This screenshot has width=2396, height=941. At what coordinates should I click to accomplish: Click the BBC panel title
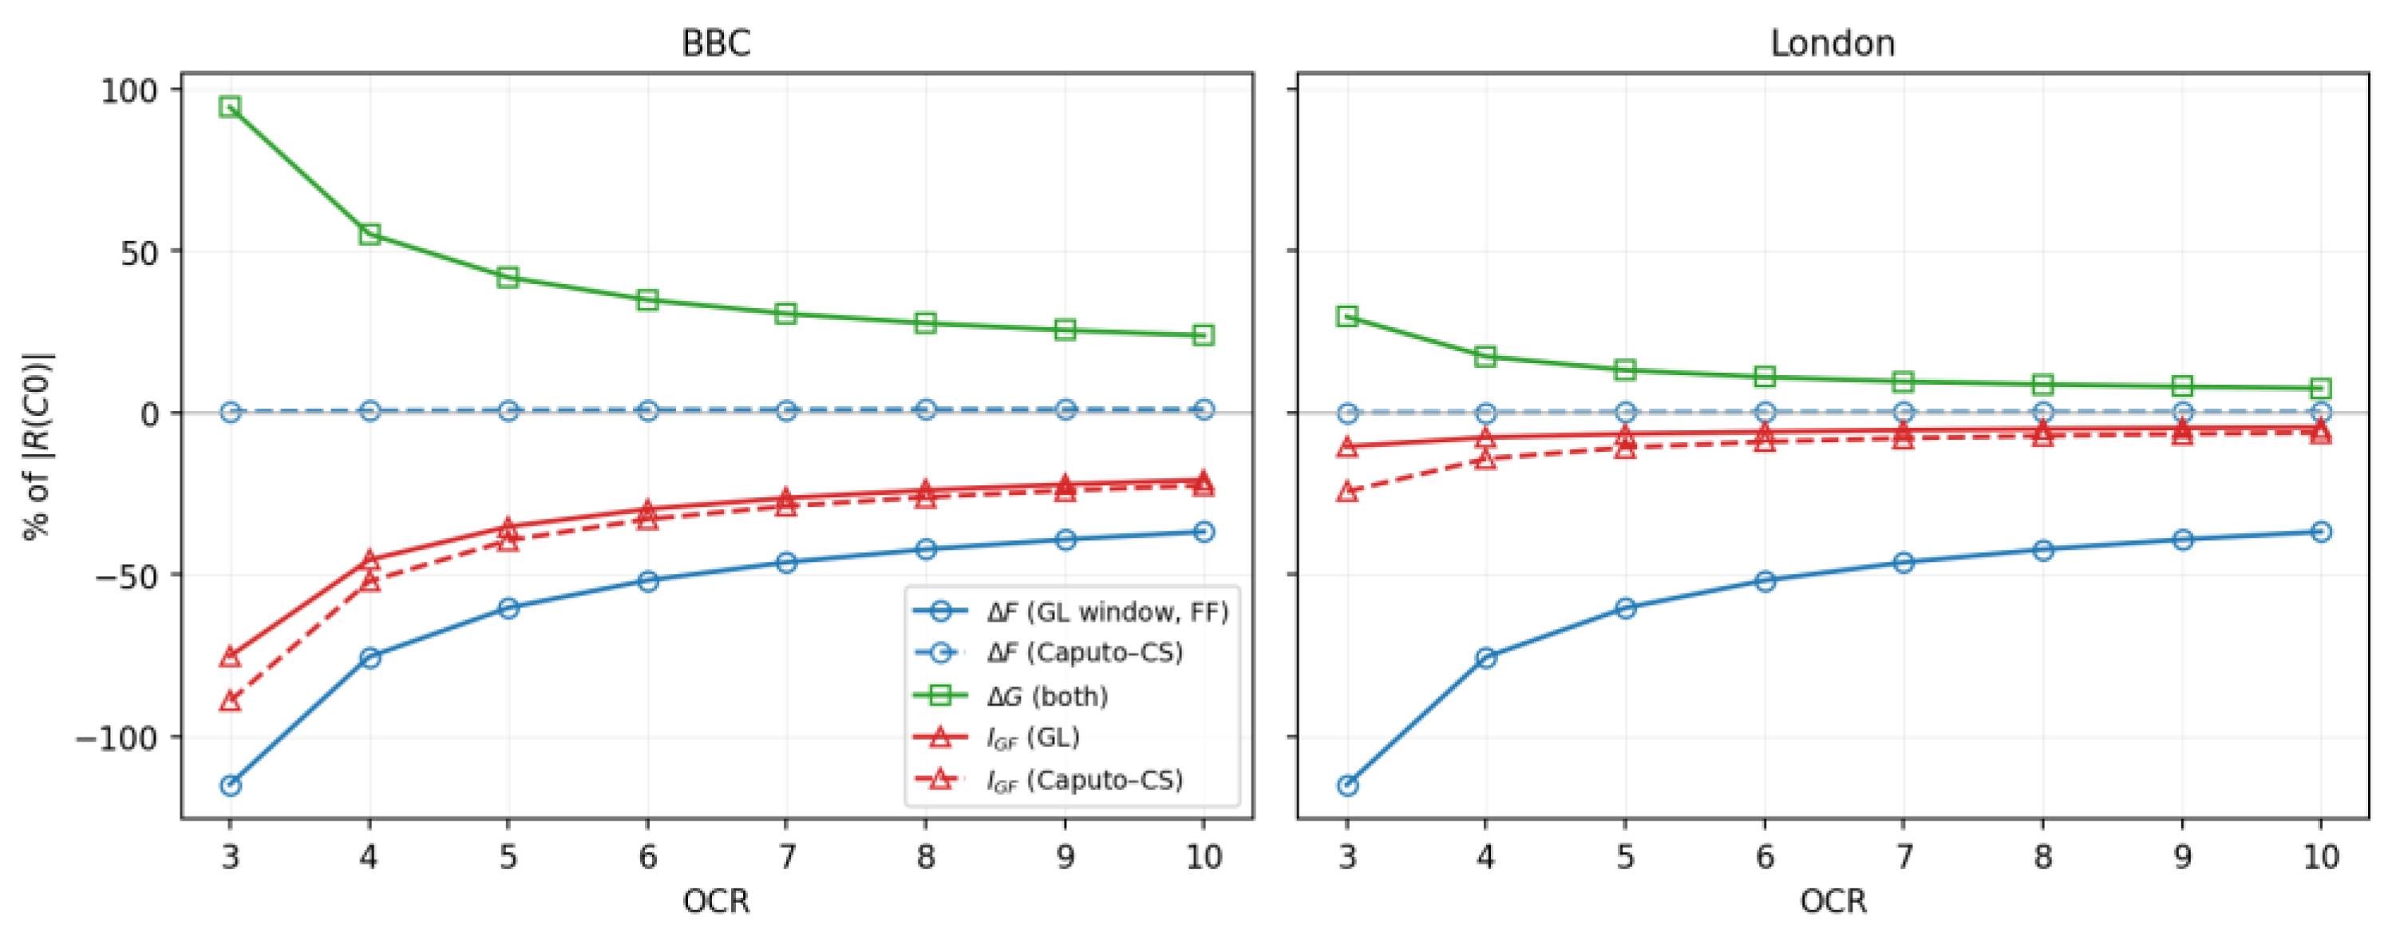tap(715, 44)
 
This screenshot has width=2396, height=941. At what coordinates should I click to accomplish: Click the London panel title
tap(1833, 44)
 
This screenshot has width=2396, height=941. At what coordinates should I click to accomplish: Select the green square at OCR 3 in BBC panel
tap(230, 107)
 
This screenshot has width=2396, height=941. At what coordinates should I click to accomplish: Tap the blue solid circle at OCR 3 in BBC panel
tap(230, 785)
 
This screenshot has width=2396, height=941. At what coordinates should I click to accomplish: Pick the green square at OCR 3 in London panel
tap(1346, 316)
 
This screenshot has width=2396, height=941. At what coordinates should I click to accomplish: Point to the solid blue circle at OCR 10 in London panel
tap(2321, 532)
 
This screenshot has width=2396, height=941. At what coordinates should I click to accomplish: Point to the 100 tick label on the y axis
tap(130, 91)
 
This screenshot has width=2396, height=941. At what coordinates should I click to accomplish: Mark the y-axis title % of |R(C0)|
tap(39, 446)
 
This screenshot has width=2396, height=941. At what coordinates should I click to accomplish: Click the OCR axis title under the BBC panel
tap(715, 901)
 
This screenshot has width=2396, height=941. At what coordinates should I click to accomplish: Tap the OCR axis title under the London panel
tap(1833, 901)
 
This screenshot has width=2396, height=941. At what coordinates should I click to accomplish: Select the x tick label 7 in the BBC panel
tap(787, 856)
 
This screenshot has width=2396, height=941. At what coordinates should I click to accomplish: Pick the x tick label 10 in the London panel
tap(2321, 856)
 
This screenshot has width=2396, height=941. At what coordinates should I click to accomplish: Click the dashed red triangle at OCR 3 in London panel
tap(1346, 491)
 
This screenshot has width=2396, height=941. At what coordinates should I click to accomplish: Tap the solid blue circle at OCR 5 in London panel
tap(1625, 608)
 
